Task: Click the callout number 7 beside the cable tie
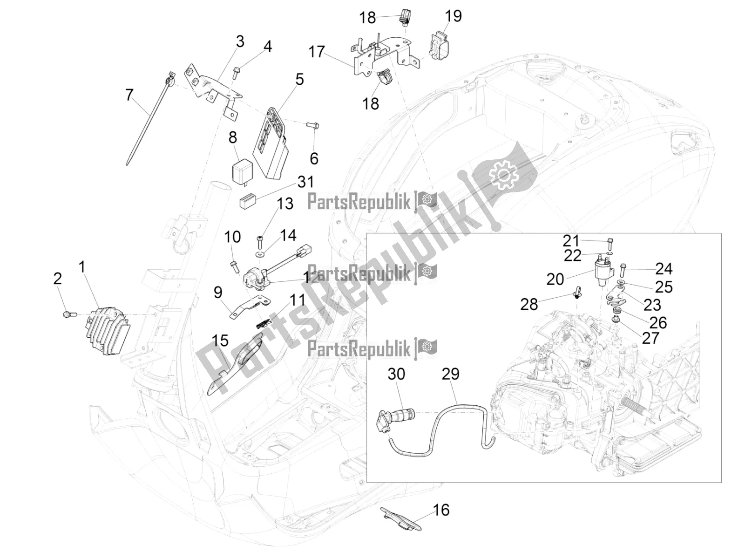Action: tap(129, 95)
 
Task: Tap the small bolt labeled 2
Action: tap(67, 314)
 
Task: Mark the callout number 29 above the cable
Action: tap(450, 374)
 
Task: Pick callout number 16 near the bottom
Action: tap(441, 510)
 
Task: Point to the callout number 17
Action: tap(316, 52)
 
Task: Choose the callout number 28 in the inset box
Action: tap(529, 304)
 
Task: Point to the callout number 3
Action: tap(239, 41)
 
